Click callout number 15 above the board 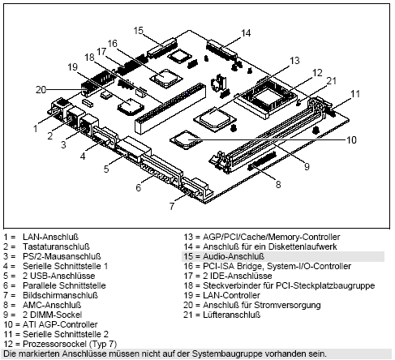(x=138, y=30)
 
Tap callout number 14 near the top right (x=246, y=32)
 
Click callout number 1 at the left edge (x=36, y=127)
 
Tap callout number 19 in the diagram (x=72, y=66)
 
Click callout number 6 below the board (x=139, y=188)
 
